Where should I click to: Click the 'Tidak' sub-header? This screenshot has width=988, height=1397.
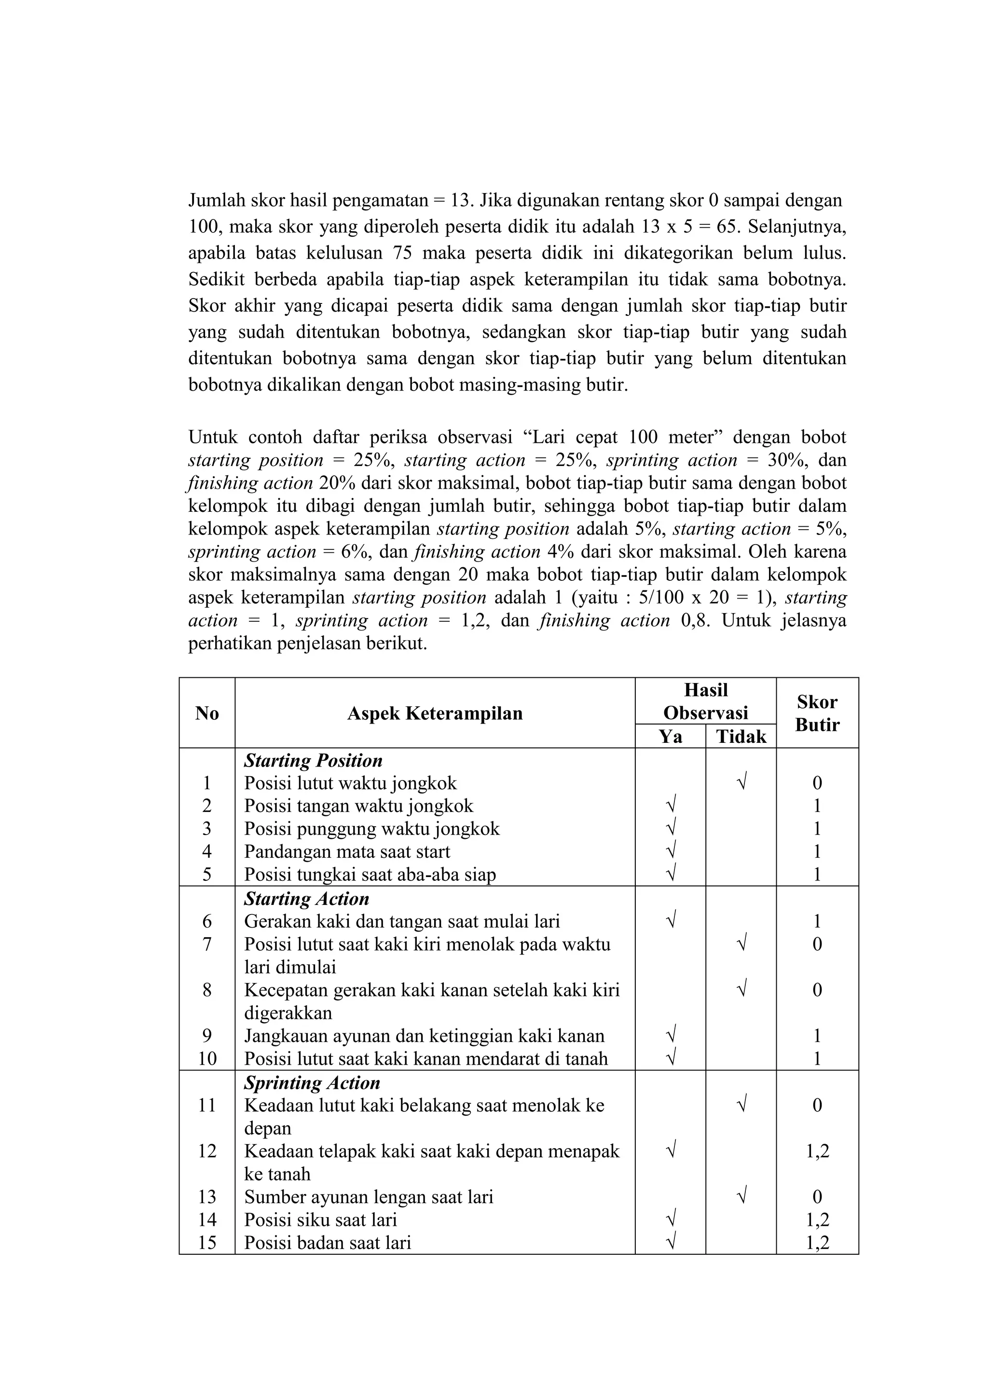(741, 737)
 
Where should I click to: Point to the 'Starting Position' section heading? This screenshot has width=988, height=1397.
(313, 761)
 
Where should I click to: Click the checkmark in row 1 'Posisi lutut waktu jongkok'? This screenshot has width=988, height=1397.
(741, 782)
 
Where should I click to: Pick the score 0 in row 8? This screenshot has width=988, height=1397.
(817, 990)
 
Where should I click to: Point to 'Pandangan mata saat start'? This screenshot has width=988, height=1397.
(347, 851)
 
